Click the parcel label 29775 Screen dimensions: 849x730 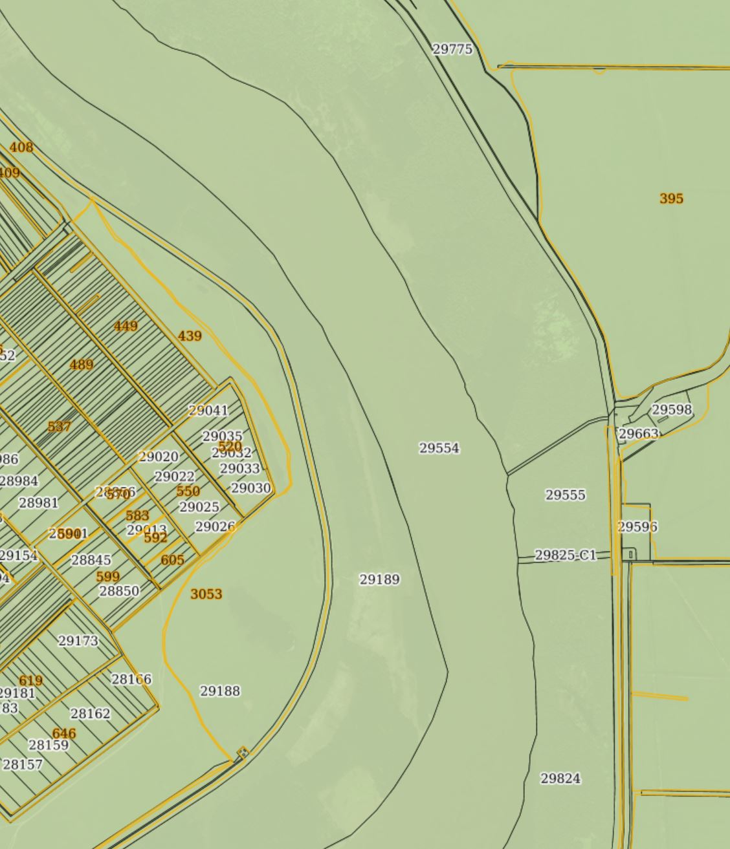(x=452, y=49)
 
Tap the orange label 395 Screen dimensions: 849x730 (x=671, y=199)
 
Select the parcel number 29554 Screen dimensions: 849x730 (x=439, y=448)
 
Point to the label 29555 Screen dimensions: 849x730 (x=565, y=495)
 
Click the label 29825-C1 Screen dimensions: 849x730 (x=565, y=555)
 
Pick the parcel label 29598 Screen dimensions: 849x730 (x=671, y=410)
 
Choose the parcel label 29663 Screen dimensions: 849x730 (x=638, y=434)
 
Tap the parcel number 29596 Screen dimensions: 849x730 (x=637, y=527)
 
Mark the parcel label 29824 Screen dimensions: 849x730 (x=560, y=779)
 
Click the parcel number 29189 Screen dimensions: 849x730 (x=379, y=579)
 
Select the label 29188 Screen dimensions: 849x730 (x=219, y=691)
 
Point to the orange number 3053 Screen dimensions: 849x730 (x=206, y=594)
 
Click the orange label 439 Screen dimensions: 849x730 (x=190, y=336)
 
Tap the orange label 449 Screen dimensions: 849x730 (x=126, y=326)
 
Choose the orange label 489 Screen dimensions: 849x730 (x=81, y=365)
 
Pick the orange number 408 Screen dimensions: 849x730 (x=21, y=147)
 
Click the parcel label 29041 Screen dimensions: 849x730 (x=208, y=410)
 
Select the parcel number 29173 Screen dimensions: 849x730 (x=78, y=641)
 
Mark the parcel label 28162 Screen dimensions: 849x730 (x=90, y=714)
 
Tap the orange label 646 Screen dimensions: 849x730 (x=63, y=733)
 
